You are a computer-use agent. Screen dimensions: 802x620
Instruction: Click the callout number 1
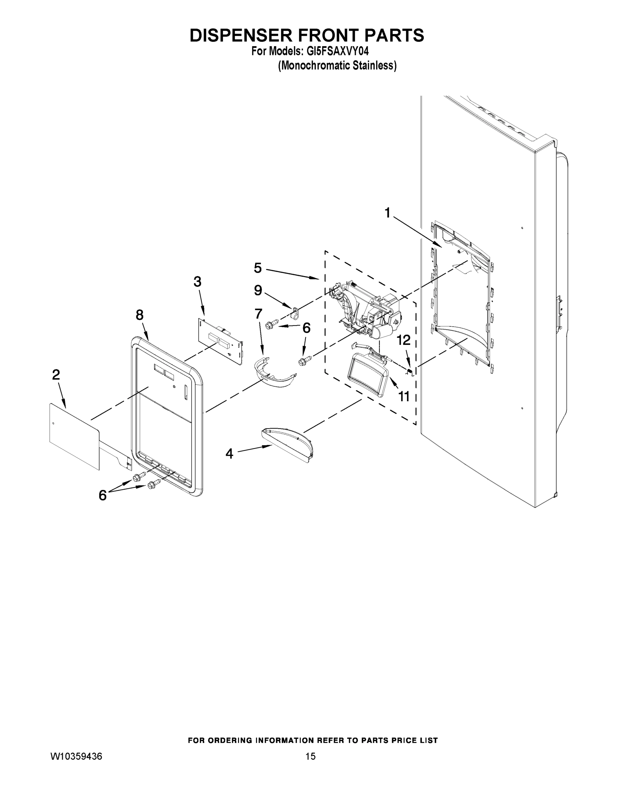pos(387,213)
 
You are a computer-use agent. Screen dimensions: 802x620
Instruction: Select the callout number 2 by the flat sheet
pos(56,375)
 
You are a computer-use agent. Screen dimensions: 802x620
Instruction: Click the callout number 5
pos(258,268)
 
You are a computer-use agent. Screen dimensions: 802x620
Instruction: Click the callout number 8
pos(140,315)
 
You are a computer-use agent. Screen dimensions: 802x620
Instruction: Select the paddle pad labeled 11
pos(368,376)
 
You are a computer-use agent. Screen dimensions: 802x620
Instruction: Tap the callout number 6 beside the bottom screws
pos(103,495)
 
